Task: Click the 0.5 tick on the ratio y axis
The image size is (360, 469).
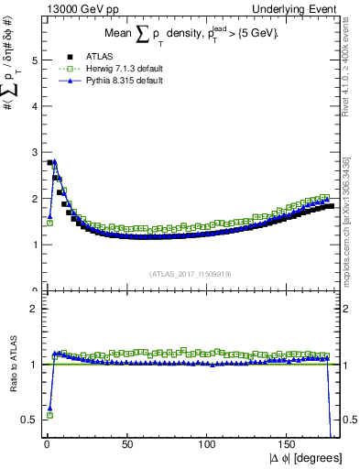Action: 28,420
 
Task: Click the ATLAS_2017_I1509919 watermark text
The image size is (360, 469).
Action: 191,273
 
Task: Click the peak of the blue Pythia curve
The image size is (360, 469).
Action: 54,161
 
